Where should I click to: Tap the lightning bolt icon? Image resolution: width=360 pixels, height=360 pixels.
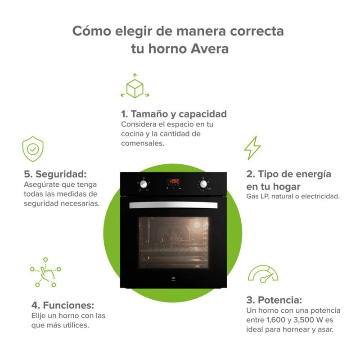[252, 148]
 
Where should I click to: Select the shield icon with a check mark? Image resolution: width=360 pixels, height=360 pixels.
[33, 149]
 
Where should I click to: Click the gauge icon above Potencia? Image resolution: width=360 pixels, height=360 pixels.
[263, 274]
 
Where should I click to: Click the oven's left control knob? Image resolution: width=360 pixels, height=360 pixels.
[144, 184]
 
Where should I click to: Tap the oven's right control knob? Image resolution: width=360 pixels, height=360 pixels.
[203, 184]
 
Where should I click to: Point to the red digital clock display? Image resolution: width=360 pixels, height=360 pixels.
[174, 181]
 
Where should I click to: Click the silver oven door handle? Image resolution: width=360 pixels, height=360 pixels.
[173, 205]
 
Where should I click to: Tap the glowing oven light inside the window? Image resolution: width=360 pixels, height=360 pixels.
[197, 225]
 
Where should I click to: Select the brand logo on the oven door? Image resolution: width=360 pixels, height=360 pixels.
[173, 279]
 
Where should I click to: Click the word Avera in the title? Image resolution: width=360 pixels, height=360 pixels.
[210, 49]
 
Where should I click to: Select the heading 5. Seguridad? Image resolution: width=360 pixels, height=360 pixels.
[55, 174]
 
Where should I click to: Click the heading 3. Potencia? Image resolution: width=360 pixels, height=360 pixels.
[274, 300]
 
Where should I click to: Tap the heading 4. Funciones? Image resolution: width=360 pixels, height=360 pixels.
[63, 305]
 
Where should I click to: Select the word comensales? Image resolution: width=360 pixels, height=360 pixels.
[143, 143]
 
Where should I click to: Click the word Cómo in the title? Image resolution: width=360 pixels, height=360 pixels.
[92, 31]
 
